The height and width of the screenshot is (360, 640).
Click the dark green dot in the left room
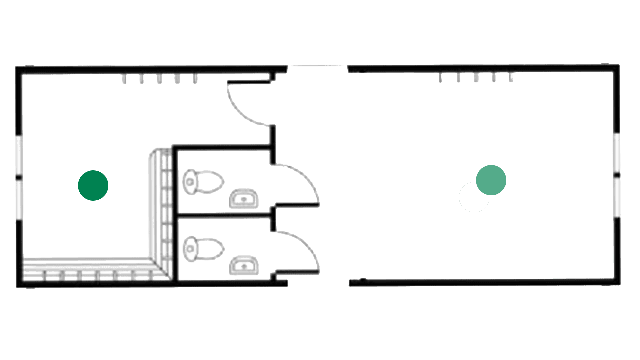tap(93, 185)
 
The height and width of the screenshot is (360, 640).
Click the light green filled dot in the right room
tap(491, 180)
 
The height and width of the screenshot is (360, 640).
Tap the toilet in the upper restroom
tap(203, 181)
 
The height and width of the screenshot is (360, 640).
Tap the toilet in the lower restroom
tap(203, 248)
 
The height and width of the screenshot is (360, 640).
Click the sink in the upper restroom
tap(244, 199)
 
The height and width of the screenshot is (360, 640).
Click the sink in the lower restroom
tap(244, 266)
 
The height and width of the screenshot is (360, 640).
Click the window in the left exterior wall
tap(19, 177)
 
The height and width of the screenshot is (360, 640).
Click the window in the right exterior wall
tap(617, 175)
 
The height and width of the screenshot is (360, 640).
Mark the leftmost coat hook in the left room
tap(124, 79)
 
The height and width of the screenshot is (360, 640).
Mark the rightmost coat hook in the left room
tap(195, 79)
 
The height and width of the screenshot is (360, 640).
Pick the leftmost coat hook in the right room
tap(440, 78)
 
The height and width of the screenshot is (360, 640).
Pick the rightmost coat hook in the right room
tap(511, 78)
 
